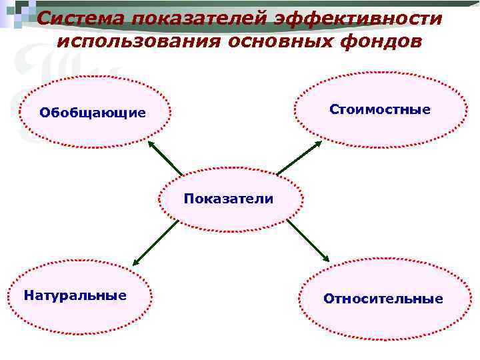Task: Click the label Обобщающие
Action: pyautogui.click(x=92, y=112)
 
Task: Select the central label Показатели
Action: pyautogui.click(x=229, y=199)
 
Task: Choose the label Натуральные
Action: pyautogui.click(x=75, y=295)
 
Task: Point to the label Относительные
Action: pyautogui.click(x=383, y=299)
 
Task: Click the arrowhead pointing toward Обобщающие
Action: pyautogui.click(x=151, y=144)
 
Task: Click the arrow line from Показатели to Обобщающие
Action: pyautogui.click(x=167, y=160)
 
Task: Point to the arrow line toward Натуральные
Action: pyautogui.click(x=157, y=241)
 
